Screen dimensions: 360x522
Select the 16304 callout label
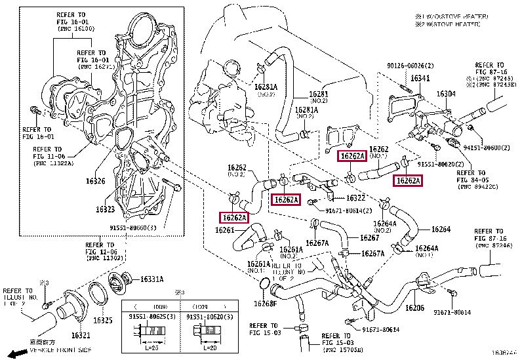[x=446, y=94]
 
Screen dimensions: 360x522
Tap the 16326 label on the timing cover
[x=95, y=180]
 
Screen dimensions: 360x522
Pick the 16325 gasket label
[x=102, y=321]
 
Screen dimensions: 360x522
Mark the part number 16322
[x=355, y=198]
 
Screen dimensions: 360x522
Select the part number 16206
[x=414, y=308]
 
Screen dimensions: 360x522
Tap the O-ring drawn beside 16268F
[x=263, y=285]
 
